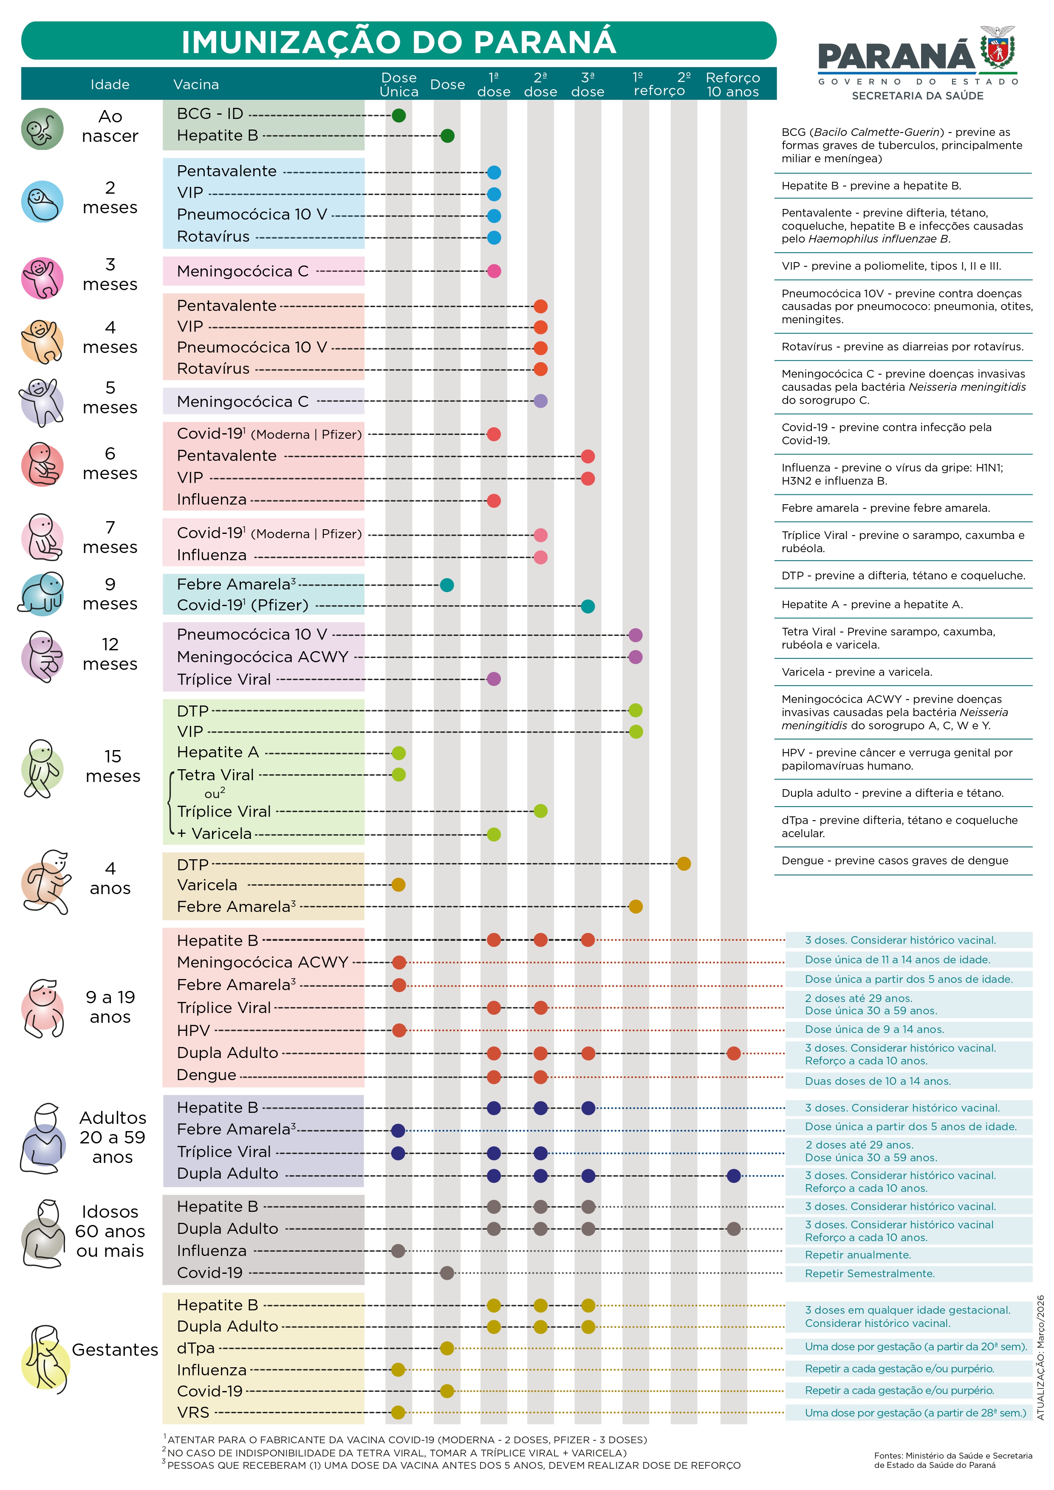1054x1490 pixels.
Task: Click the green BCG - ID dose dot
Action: tap(398, 116)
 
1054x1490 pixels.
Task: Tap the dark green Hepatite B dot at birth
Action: tap(447, 135)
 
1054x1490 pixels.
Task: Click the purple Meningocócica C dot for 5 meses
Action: tap(541, 401)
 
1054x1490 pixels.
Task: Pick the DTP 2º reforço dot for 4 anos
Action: tap(684, 864)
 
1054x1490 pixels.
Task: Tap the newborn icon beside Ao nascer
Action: tap(42, 129)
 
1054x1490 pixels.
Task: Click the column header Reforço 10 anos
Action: tap(733, 85)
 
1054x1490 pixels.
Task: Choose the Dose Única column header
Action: tap(398, 85)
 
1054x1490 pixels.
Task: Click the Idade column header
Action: tap(110, 85)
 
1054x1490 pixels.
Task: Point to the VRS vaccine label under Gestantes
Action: tap(193, 1412)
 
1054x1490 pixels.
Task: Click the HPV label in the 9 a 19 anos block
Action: tap(193, 1030)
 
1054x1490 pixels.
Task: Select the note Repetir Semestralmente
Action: tap(870, 1273)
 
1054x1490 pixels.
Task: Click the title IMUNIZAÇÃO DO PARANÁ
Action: tap(398, 42)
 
